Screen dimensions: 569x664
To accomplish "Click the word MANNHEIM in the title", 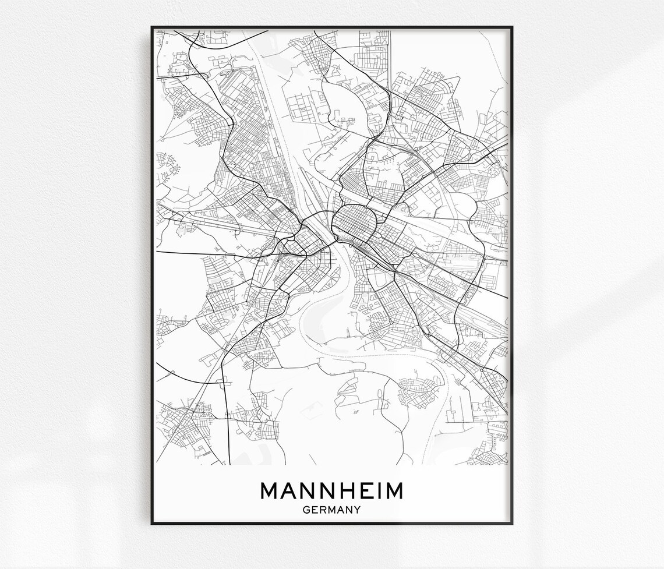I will click(x=331, y=491).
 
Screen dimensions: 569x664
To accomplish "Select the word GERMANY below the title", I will click(x=331, y=510).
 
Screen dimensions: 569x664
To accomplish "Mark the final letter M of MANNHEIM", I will click(x=393, y=491).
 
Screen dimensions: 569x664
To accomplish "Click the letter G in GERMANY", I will click(x=306, y=510).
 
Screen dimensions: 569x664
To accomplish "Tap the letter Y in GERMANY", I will click(x=357, y=510).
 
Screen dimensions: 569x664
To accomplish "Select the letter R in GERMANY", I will click(x=323, y=510).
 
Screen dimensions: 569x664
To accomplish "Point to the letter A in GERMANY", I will click(x=341, y=510).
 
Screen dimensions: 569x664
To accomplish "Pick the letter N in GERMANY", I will click(x=349, y=510).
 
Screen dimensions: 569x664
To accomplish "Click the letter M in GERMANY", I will click(x=331, y=510).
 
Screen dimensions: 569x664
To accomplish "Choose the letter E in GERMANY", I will click(x=315, y=510).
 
